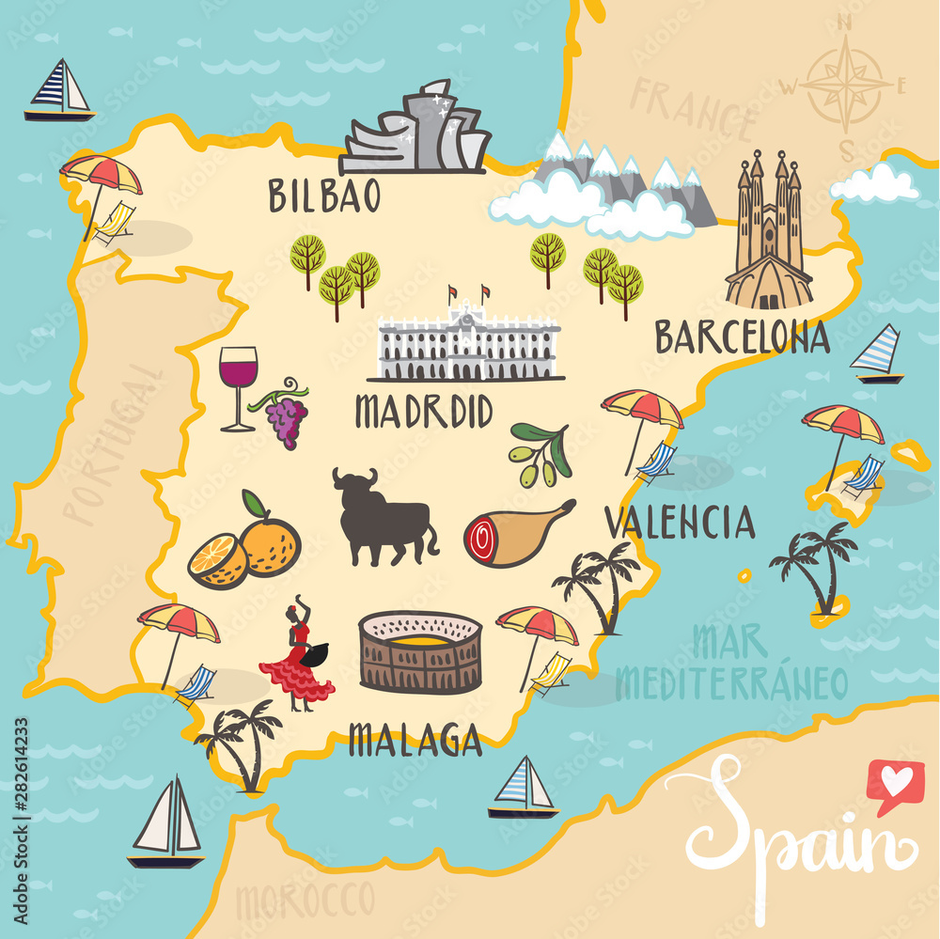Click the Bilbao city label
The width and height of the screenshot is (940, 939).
click(324, 196)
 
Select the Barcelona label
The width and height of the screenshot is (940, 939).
click(742, 336)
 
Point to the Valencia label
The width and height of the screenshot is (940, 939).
click(679, 523)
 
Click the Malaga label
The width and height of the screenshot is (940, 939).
click(415, 740)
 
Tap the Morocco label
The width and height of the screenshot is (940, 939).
click(305, 900)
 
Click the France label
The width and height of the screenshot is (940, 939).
click(694, 114)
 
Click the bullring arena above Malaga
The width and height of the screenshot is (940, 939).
click(420, 651)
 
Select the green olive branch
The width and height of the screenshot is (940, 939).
click(540, 454)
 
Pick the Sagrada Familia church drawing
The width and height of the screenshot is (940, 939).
click(769, 234)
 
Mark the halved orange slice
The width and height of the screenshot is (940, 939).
click(217, 561)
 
